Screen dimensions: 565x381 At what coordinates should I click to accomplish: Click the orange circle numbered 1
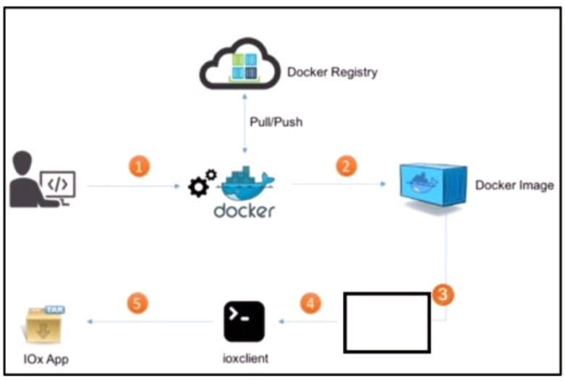pyautogui.click(x=140, y=166)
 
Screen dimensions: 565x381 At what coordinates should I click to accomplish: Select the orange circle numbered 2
pyautogui.click(x=347, y=166)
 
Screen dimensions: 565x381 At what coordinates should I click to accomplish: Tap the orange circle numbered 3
pyautogui.click(x=443, y=294)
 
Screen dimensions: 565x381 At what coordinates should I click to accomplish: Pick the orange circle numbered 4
pyautogui.click(x=310, y=303)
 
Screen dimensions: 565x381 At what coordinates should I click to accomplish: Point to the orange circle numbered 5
pyautogui.click(x=137, y=303)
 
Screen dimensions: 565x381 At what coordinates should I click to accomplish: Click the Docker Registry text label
pyautogui.click(x=332, y=72)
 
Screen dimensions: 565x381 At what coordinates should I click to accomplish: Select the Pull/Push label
pyautogui.click(x=276, y=121)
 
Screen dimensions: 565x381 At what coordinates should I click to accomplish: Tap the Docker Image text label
pyautogui.click(x=514, y=185)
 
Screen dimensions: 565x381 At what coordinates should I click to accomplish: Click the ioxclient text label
pyautogui.click(x=245, y=359)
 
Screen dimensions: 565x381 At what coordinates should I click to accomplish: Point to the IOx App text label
pyautogui.click(x=46, y=359)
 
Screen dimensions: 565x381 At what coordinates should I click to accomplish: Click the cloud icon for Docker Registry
pyautogui.click(x=240, y=64)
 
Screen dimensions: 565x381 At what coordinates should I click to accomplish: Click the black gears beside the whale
pyautogui.click(x=203, y=183)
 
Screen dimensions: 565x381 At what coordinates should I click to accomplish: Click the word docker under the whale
pyautogui.click(x=245, y=211)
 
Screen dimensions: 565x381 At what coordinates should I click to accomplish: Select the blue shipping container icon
pyautogui.click(x=433, y=185)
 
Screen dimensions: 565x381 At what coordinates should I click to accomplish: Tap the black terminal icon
pyautogui.click(x=245, y=322)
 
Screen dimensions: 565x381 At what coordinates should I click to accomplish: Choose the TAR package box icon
pyautogui.click(x=44, y=324)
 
